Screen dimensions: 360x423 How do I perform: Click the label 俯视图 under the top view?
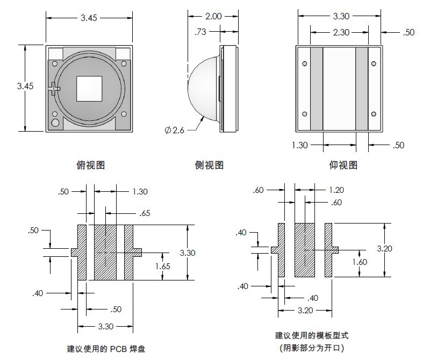pos(90,165)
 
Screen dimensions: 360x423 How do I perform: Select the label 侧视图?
pos(209,165)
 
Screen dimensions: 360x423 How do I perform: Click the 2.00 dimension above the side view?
pos(213,16)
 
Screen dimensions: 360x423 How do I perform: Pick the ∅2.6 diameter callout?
pos(175,130)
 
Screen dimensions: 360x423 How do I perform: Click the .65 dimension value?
pos(145,213)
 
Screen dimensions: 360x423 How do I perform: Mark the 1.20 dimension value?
pos(336,190)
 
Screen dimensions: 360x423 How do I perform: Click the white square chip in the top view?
pos(89,88)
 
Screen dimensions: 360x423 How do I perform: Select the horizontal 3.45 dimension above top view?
pos(89,18)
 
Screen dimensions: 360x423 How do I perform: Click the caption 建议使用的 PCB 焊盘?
pos(106,348)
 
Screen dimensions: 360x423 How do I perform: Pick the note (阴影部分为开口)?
pos(312,348)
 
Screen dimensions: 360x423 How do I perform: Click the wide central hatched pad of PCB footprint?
pos(105,252)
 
